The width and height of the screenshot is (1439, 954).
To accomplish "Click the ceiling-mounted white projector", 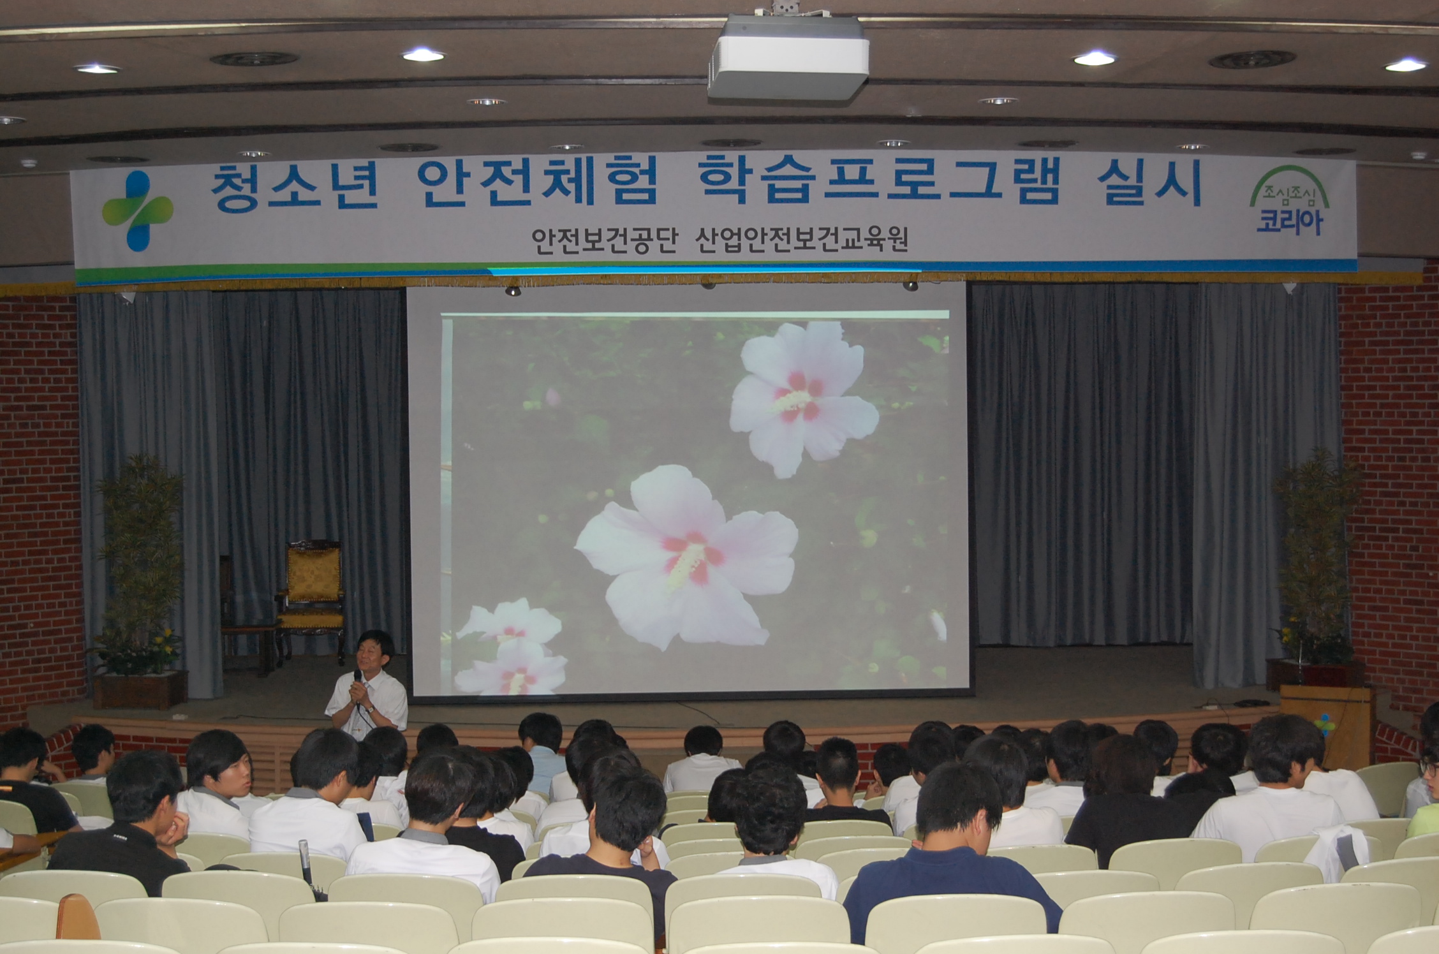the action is [788, 57].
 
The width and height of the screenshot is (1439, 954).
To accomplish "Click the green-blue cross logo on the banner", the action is [137, 210].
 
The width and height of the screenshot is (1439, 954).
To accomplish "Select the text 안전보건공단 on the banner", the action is [603, 241].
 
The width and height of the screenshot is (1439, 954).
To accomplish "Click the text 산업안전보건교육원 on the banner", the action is [802, 240].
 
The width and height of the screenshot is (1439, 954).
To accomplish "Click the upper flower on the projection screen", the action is [804, 398].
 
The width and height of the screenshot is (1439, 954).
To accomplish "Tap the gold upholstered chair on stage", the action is [311, 596].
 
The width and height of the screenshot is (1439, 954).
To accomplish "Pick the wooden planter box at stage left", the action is [140, 689].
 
